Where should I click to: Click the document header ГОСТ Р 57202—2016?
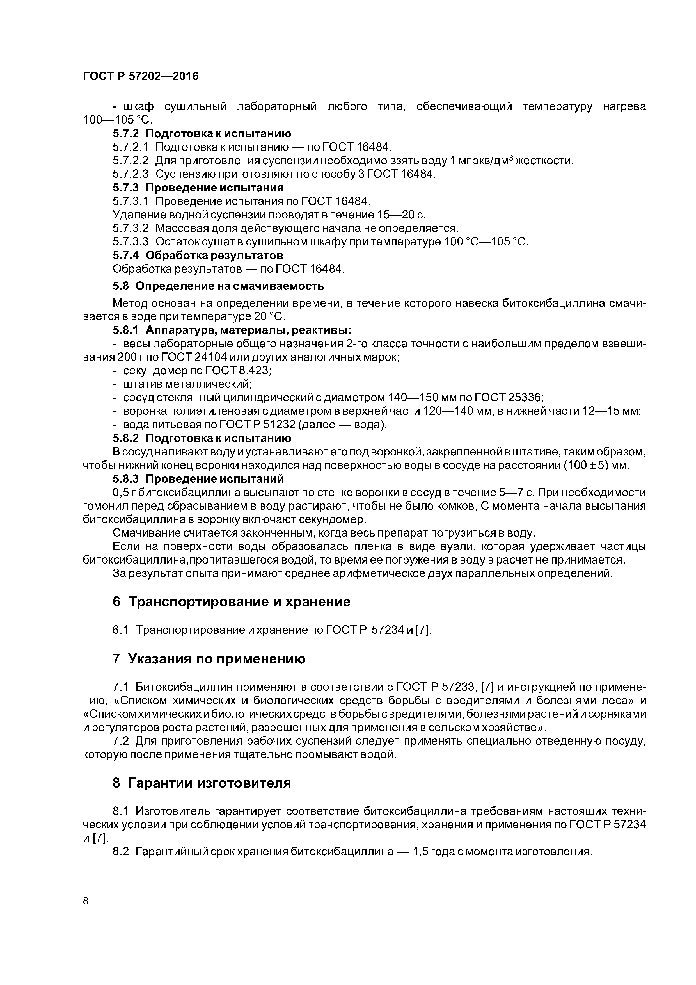tap(141, 76)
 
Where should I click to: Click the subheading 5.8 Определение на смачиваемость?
tap(219, 286)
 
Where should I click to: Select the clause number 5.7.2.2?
tap(130, 161)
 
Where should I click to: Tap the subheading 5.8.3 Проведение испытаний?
tap(198, 478)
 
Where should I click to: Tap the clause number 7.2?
tap(121, 741)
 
